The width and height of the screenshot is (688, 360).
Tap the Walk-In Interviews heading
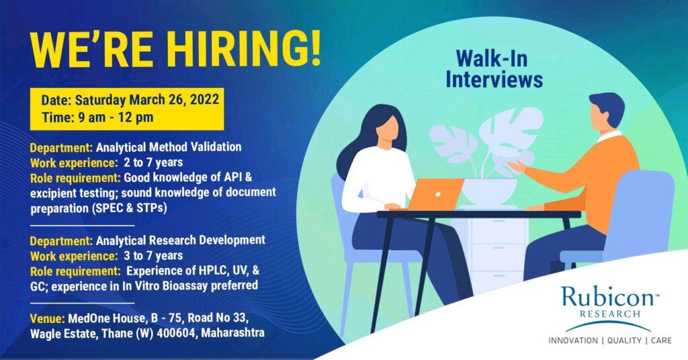tap(494, 70)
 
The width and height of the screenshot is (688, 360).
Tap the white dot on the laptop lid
tap(437, 195)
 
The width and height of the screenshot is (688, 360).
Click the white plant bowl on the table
tap(490, 191)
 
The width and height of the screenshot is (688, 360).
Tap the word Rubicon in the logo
tap(607, 298)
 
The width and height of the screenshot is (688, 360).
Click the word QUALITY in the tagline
tap(624, 341)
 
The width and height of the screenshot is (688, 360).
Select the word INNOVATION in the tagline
tap(573, 341)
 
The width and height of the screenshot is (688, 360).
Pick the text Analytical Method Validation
tap(169, 147)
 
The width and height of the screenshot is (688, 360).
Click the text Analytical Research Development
tap(181, 240)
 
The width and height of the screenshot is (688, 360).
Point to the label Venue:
tap(48, 318)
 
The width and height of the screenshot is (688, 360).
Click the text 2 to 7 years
tap(153, 163)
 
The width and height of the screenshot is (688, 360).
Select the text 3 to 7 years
tap(153, 256)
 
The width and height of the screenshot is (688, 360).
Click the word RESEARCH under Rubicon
tap(610, 314)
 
